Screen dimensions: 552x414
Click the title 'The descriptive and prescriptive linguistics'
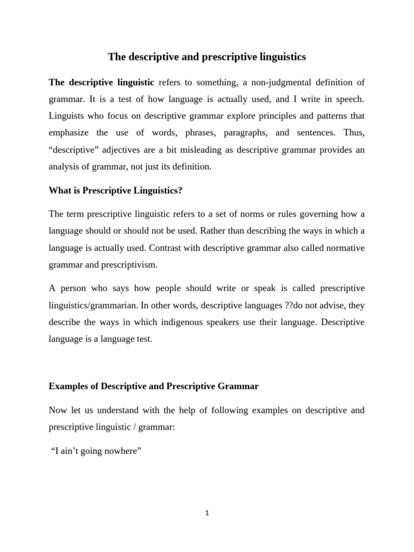coord(207,57)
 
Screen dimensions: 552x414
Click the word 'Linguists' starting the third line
coord(67,116)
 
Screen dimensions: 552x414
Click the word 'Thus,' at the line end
coord(353,133)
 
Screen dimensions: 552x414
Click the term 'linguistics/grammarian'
coord(92,306)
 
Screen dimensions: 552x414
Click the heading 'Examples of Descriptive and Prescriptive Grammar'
coord(154,387)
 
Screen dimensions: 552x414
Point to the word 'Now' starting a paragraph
coord(58,410)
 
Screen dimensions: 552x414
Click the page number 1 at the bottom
coord(207,513)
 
